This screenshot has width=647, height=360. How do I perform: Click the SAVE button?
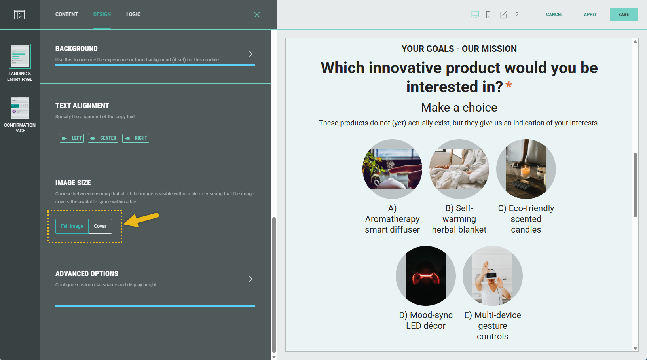pos(623,14)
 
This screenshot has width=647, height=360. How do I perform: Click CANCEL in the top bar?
pos(554,14)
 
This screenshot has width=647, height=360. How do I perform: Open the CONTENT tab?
pos(66,14)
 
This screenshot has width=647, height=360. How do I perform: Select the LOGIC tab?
pos(133,14)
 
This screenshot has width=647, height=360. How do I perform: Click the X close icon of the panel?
pos(257,15)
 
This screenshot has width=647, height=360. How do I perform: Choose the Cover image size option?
pos(100,226)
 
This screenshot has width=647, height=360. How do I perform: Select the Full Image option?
pos(72,226)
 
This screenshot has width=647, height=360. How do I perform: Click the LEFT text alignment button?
pos(72,138)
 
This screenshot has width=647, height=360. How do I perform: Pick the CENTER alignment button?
pos(103,138)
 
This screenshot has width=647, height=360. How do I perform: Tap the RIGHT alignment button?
pos(135,138)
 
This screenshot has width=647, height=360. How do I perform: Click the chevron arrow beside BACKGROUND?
pos(251,54)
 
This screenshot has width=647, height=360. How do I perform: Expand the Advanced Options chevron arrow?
pos(251,279)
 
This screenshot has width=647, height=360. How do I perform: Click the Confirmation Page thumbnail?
pos(20,108)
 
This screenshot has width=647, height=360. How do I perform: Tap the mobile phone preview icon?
pos(488,15)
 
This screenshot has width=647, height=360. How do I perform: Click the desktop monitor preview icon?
pos(475,15)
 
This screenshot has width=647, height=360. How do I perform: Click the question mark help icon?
pos(516,14)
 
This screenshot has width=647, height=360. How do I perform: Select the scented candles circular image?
pos(526,169)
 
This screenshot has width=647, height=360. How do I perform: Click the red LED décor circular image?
pos(426,276)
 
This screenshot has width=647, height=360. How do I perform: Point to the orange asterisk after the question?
pos(508,85)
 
